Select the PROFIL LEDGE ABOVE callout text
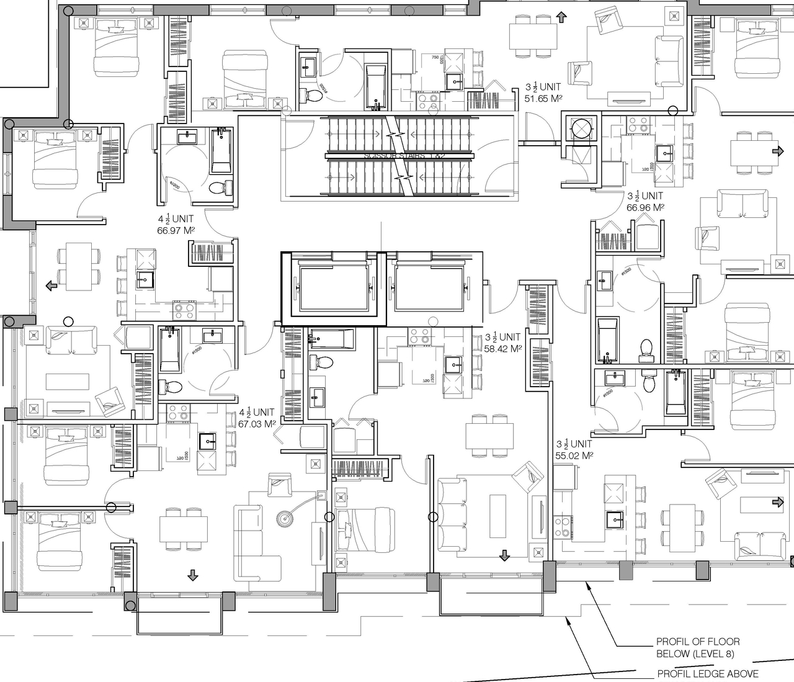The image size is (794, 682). pos(707,674)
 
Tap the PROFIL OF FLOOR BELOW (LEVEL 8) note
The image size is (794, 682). pos(698,648)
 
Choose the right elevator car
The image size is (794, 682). pos(429,288)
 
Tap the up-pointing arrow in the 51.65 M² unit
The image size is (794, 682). pos(561,17)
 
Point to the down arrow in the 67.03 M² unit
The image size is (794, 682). pos(192,575)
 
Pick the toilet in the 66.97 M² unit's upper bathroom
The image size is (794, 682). pos(220,187)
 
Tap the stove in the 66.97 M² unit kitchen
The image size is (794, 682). pos(182,307)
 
